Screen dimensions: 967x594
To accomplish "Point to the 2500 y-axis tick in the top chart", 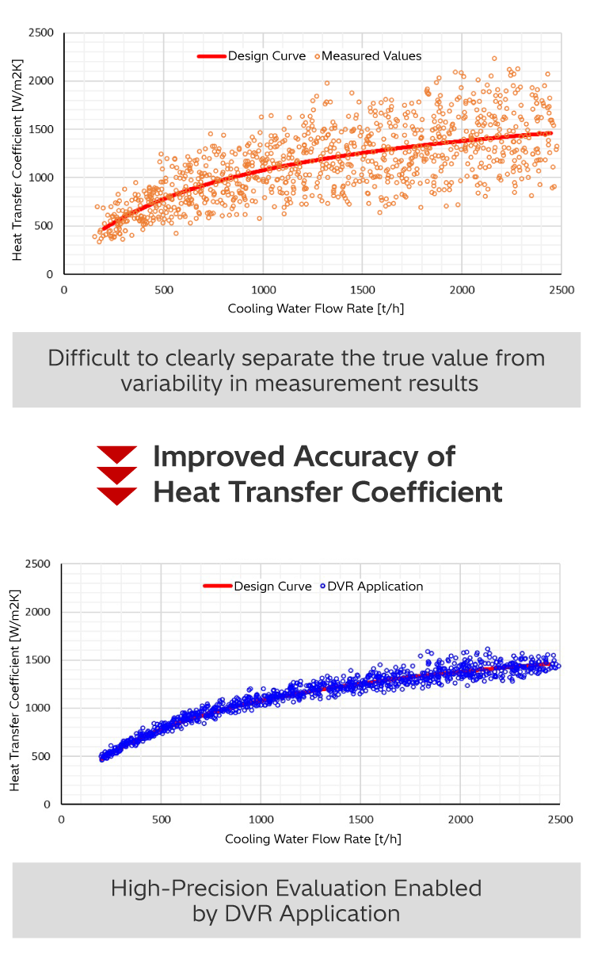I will tap(40, 33).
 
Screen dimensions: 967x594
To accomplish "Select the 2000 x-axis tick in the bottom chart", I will tap(459, 820).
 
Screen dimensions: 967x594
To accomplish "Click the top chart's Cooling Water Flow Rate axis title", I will tap(315, 308).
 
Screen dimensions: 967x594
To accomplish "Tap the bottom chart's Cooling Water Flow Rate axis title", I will tap(314, 838).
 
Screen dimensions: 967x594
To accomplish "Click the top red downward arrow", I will tap(117, 454).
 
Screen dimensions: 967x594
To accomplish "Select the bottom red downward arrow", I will tap(117, 496).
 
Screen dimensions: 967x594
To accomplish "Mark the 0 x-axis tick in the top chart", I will tap(64, 290).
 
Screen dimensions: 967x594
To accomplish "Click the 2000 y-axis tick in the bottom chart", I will tap(40, 612).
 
